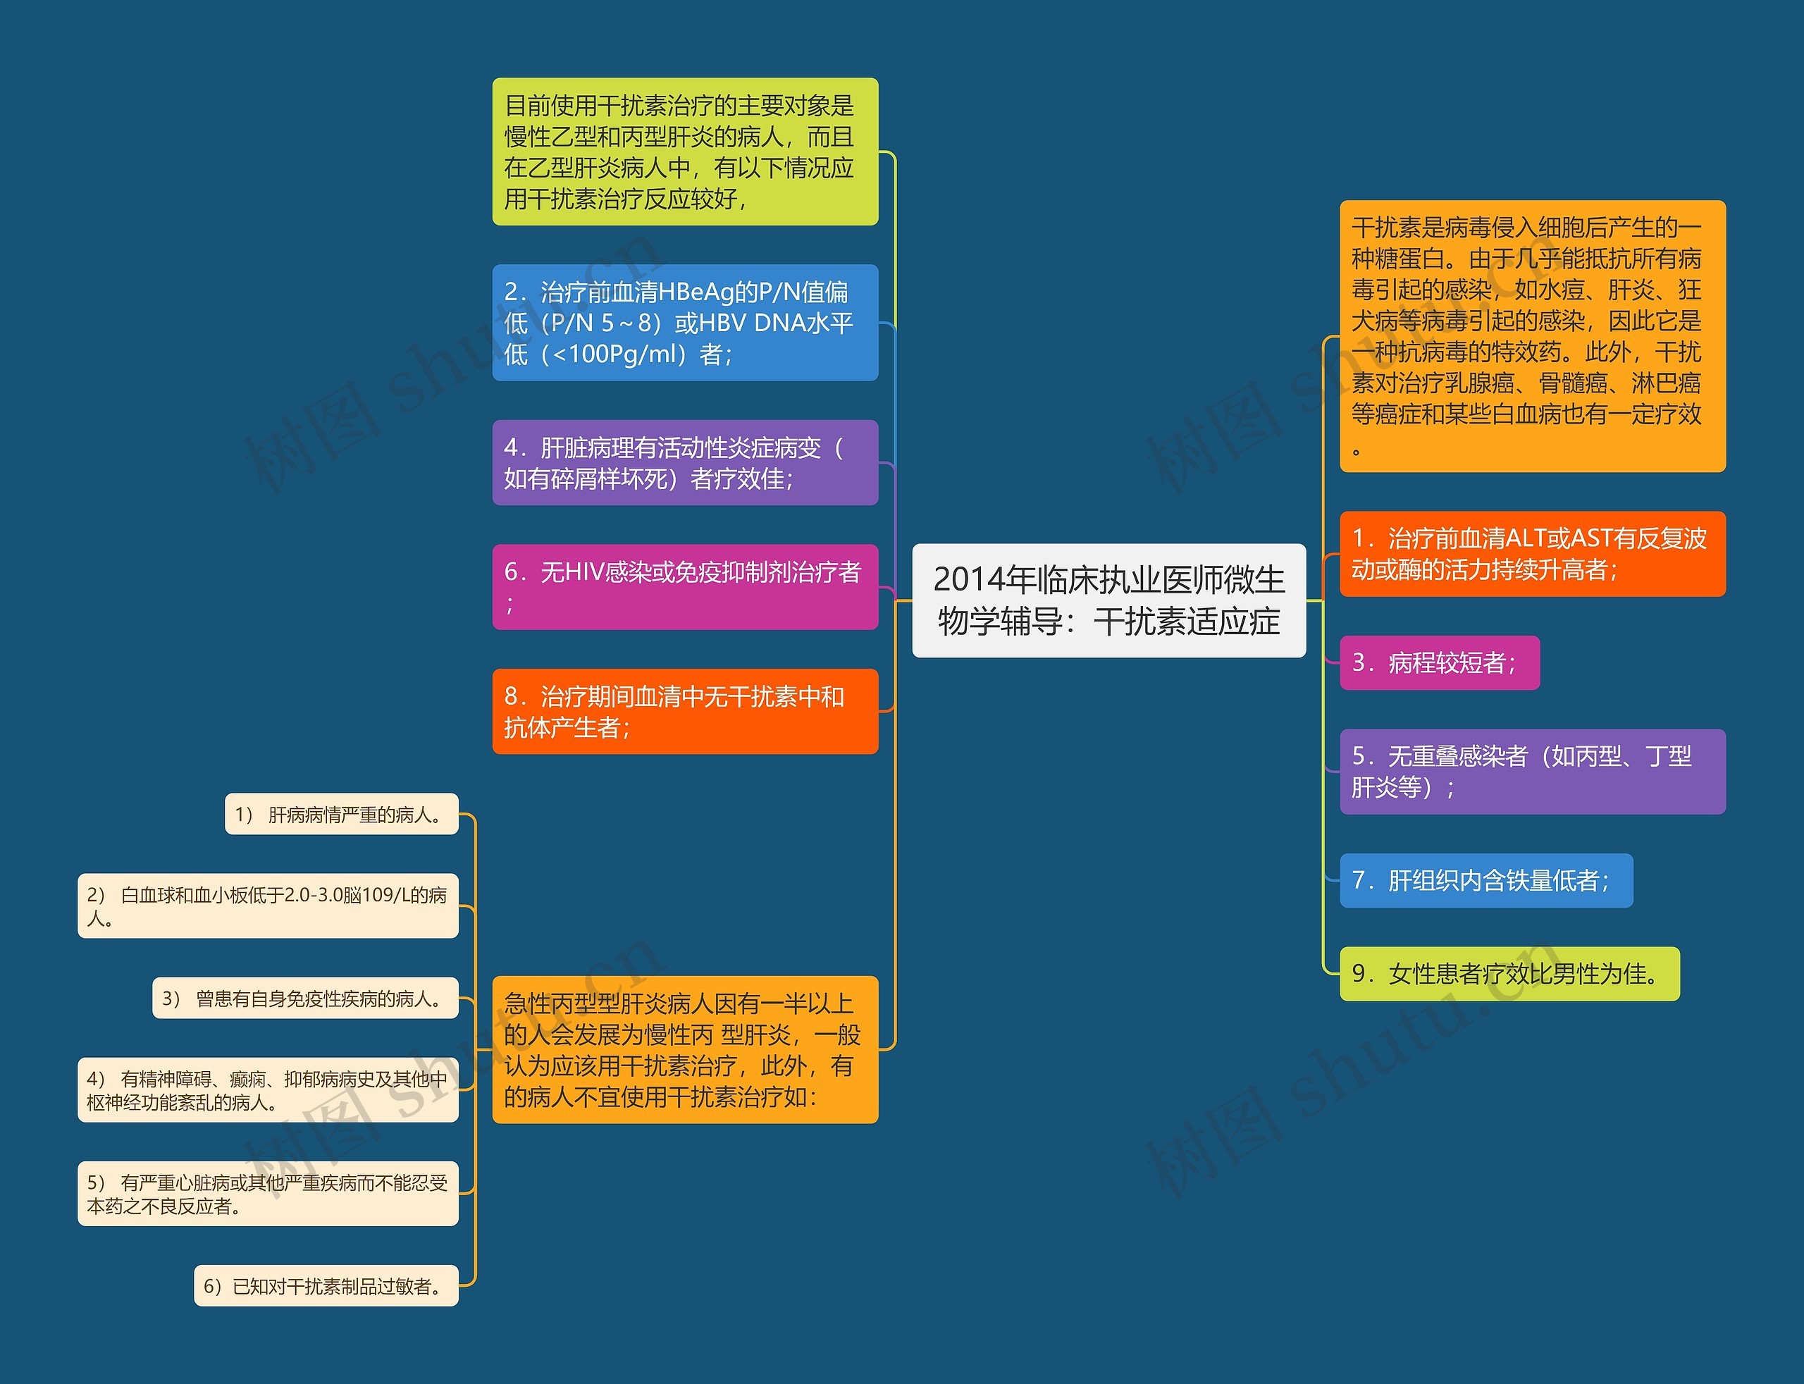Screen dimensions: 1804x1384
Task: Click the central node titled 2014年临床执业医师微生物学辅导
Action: pyautogui.click(x=1108, y=600)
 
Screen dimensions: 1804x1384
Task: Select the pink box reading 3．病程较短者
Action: pyautogui.click(x=1438, y=662)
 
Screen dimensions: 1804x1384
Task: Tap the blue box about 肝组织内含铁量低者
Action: pyautogui.click(x=1485, y=880)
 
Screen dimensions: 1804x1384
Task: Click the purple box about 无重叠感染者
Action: pyautogui.click(x=1531, y=771)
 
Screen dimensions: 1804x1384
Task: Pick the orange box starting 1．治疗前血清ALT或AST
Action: pyautogui.click(x=1531, y=554)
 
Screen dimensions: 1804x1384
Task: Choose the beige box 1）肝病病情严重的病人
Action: pyautogui.click(x=341, y=814)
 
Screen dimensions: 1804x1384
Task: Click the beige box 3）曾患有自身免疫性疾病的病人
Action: pyautogui.click(x=305, y=999)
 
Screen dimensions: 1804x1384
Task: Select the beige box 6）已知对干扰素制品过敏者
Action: pyautogui.click(x=326, y=1285)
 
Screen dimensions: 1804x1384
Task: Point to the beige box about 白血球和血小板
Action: pyautogui.click(x=268, y=906)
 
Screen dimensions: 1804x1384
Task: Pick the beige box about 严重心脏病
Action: pyautogui.click(x=268, y=1193)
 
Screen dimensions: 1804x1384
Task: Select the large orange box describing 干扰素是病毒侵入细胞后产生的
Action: pyautogui.click(x=1531, y=335)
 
